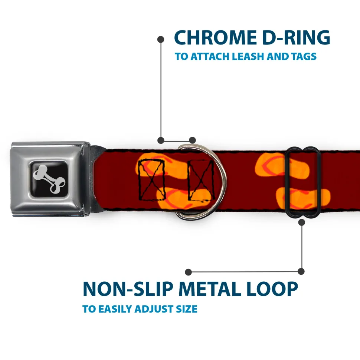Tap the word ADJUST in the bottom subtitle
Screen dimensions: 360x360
pyautogui.click(x=153, y=309)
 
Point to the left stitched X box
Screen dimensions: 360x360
pyautogui.click(x=151, y=179)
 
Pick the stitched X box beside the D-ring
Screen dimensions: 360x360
pyautogui.click(x=201, y=179)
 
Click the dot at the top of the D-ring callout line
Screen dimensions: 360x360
pyautogui.click(x=161, y=39)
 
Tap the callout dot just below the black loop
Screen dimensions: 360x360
pyautogui.click(x=301, y=222)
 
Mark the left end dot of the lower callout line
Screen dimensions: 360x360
pyautogui.click(x=189, y=272)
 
